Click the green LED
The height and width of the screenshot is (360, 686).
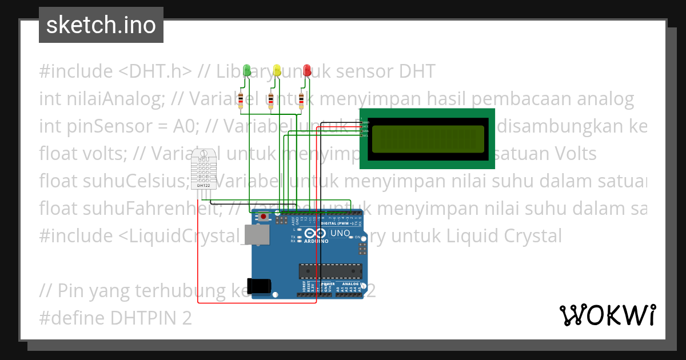pyautogui.click(x=247, y=70)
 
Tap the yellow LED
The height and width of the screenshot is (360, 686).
pyautogui.click(x=277, y=70)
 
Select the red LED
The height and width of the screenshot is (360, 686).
pyautogui.click(x=307, y=70)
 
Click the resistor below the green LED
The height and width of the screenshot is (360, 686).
pyautogui.click(x=241, y=100)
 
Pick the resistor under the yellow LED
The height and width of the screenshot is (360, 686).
pyautogui.click(x=271, y=100)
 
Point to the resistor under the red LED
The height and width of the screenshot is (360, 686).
pyautogui.click(x=301, y=100)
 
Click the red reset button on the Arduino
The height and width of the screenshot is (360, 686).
pyautogui.click(x=264, y=217)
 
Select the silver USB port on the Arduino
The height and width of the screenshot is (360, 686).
pyautogui.click(x=257, y=235)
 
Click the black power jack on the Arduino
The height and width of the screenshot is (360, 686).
pyautogui.click(x=257, y=286)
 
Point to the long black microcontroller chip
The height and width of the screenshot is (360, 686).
pyautogui.click(x=330, y=271)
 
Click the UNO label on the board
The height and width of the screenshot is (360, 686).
pyautogui.click(x=341, y=234)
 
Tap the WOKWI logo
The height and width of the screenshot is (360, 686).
pyautogui.click(x=607, y=315)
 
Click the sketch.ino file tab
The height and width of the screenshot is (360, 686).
pyautogui.click(x=101, y=25)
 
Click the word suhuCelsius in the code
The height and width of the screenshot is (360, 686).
pyautogui.click(x=127, y=182)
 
